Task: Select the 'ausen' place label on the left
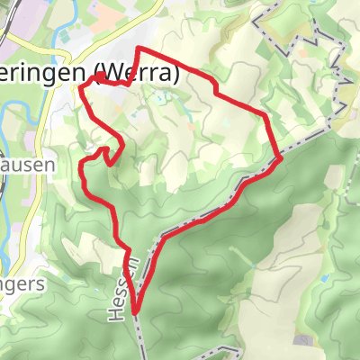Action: coord(27,165)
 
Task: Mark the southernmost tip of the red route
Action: coord(136,312)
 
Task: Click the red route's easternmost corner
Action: coord(281,157)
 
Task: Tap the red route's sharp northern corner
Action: coord(138,49)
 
